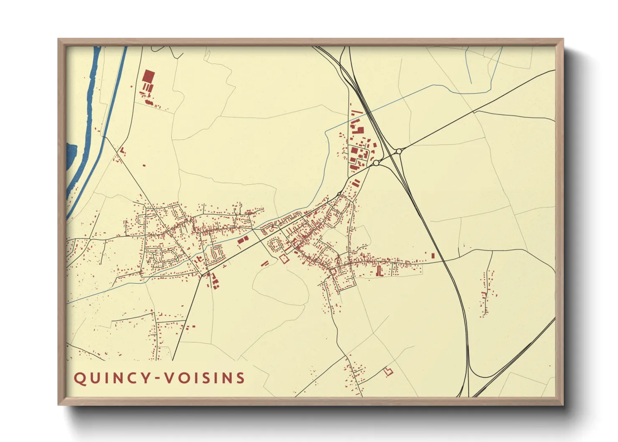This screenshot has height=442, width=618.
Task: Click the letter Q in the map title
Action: pyautogui.click(x=79, y=378)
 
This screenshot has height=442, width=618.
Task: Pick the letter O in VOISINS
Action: pyautogui.click(x=182, y=378)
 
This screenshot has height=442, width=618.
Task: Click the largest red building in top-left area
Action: pyautogui.click(x=148, y=76)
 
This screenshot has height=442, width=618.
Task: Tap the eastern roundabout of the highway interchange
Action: pyautogui.click(x=399, y=151)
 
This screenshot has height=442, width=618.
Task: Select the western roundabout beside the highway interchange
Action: pyautogui.click(x=376, y=163)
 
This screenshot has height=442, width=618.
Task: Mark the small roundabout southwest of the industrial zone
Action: pyautogui.click(x=339, y=193)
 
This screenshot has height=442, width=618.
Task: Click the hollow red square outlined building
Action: pyautogui.click(x=284, y=259)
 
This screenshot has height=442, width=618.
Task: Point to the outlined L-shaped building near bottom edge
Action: pyautogui.click(x=389, y=371)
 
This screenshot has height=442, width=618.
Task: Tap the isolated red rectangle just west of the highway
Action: pyautogui.click(x=433, y=255)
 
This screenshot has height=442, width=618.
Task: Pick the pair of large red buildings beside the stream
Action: pyautogui.click(x=243, y=240)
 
